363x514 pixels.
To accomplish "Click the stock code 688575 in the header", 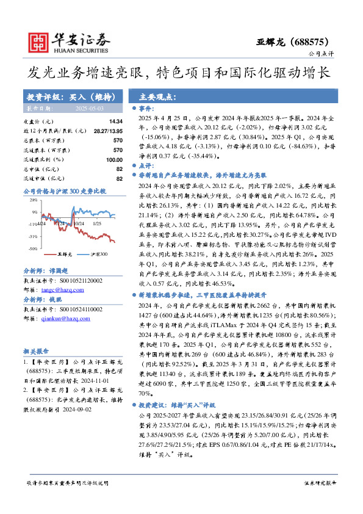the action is click(311, 42).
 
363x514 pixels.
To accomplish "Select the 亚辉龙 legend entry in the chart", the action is click(65, 253).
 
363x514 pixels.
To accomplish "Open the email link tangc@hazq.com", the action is click(57, 291).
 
